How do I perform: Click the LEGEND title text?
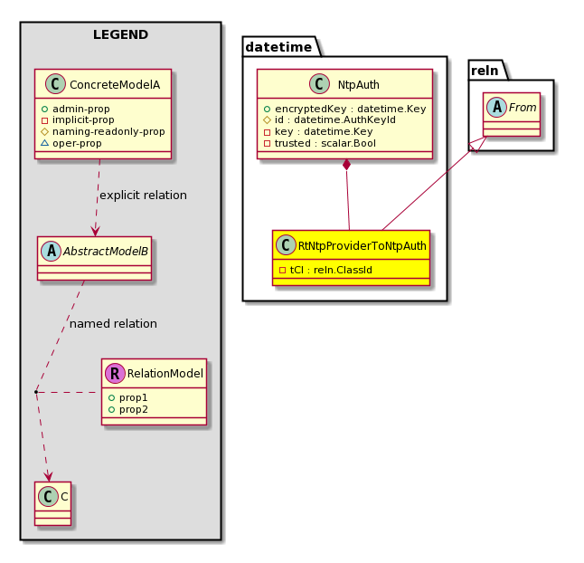tap(120, 34)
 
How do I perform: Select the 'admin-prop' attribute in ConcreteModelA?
tap(81, 109)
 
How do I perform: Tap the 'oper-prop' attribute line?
tap(77, 143)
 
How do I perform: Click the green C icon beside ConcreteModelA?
tap(55, 84)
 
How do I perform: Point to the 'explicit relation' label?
tap(144, 196)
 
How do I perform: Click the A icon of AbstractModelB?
tap(52, 251)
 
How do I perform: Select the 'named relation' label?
tap(113, 324)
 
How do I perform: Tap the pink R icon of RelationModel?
tap(115, 373)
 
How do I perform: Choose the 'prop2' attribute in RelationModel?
tap(133, 409)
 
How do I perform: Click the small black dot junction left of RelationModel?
tap(36, 392)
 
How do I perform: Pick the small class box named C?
tap(53, 503)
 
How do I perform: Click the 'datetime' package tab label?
tap(278, 47)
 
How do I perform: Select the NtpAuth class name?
tap(359, 85)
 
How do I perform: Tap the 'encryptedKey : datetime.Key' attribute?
tap(351, 109)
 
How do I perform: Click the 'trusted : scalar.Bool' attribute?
tap(325, 143)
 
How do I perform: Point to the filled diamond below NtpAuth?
tap(347, 165)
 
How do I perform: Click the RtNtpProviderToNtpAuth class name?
tap(362, 246)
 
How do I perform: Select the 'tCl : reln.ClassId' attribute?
tap(331, 270)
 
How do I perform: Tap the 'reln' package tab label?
tap(485, 71)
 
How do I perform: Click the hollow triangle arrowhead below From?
tap(478, 144)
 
